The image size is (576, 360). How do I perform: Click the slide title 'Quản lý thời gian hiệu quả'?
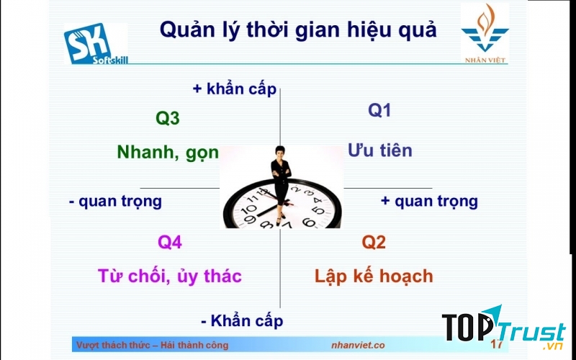[x=297, y=30]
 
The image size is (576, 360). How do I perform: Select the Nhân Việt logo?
[x=484, y=33]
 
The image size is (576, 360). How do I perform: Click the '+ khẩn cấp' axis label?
[x=234, y=89]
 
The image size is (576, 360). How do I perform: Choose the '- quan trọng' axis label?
[x=115, y=202]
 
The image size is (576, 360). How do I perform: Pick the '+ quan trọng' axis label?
[x=429, y=202]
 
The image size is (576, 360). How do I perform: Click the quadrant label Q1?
[x=379, y=110]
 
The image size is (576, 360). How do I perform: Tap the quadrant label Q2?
[x=374, y=243]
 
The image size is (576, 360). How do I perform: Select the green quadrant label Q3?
[x=168, y=119]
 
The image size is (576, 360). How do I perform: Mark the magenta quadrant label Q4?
[x=170, y=243]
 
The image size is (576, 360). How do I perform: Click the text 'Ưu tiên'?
[x=380, y=150]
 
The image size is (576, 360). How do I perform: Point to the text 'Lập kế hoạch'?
[x=374, y=276]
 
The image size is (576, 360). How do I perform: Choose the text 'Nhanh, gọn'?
[x=168, y=152]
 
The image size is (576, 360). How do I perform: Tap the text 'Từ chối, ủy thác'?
[x=170, y=276]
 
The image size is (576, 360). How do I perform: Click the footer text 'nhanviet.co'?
[x=358, y=346]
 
